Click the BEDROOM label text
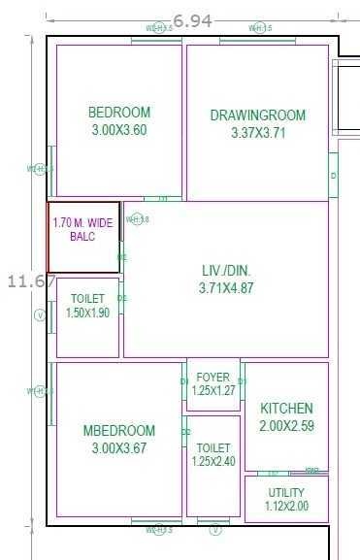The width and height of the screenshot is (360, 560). [118, 113]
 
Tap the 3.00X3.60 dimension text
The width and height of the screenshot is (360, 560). [118, 130]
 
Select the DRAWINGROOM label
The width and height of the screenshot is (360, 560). [257, 115]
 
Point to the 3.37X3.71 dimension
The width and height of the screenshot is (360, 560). [258, 133]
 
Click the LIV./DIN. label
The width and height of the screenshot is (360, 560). [225, 270]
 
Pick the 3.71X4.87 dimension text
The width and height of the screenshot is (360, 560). [225, 287]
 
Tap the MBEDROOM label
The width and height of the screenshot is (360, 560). [118, 431]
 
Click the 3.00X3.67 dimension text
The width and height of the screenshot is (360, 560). [118, 448]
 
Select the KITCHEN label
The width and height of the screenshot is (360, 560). [286, 409]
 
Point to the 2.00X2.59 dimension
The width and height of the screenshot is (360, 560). [286, 426]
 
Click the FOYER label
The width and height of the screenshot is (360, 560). [213, 377]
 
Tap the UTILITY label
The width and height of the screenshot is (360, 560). [286, 493]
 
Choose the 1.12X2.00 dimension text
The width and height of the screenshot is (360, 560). [286, 507]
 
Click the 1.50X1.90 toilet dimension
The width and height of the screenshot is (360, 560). [87, 313]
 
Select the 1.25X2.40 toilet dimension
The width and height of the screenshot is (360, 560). [213, 462]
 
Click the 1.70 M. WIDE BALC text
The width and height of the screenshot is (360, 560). [82, 229]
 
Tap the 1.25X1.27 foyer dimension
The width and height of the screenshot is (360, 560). [213, 390]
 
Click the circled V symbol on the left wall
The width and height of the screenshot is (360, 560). [40, 315]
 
